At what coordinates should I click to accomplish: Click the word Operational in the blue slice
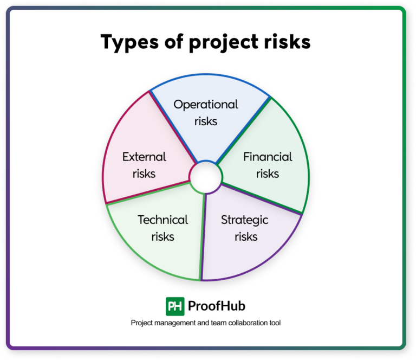click(206, 104)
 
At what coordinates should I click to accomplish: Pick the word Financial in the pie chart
click(268, 157)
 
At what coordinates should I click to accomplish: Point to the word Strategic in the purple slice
click(245, 220)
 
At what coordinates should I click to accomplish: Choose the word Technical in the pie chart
click(163, 220)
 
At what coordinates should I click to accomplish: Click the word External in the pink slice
click(144, 157)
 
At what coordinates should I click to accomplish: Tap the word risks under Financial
click(268, 174)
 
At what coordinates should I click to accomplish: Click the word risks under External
click(144, 174)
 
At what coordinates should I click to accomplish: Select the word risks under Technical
click(163, 236)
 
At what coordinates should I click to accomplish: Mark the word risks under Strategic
click(245, 236)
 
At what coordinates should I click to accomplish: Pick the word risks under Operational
click(206, 121)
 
